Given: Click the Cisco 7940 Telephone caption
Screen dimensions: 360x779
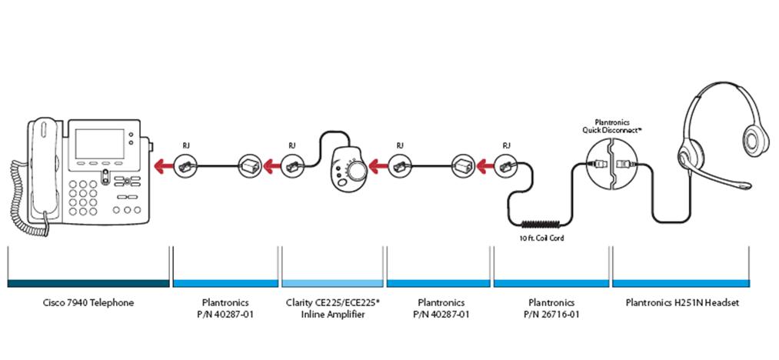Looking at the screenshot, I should click(88, 302).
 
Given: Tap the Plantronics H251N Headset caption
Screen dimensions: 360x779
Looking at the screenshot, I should click(682, 302).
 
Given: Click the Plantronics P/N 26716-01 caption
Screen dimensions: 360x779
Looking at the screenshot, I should click(546, 308).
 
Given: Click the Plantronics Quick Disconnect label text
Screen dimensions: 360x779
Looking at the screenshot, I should click(612, 127).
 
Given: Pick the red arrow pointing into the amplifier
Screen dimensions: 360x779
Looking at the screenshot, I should click(376, 165).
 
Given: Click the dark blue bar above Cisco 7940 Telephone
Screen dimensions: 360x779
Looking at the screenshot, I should click(88, 282).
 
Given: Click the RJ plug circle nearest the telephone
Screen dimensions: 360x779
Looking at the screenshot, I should click(185, 165).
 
